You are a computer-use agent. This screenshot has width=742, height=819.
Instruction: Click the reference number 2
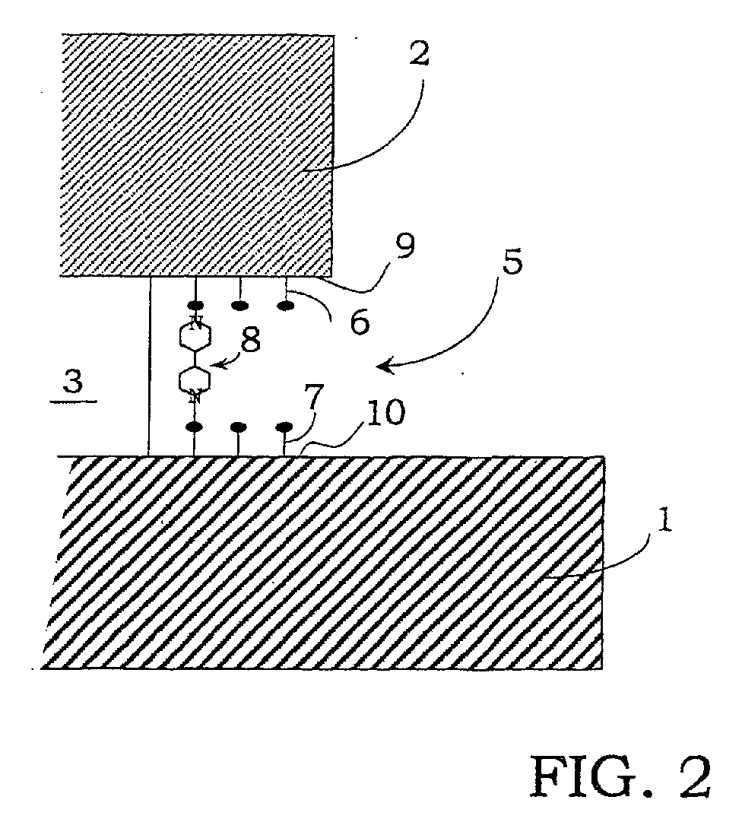click(x=420, y=53)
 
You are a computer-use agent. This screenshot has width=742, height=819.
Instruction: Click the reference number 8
click(x=251, y=341)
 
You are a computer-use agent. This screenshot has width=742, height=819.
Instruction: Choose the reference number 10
click(x=385, y=413)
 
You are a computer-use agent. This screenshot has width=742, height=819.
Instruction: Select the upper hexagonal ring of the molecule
click(x=195, y=337)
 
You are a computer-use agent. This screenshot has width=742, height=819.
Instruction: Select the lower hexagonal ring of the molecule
click(x=195, y=380)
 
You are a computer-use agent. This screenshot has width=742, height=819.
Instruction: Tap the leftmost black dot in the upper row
click(x=195, y=305)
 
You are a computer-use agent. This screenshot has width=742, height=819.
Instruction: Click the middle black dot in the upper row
click(x=239, y=306)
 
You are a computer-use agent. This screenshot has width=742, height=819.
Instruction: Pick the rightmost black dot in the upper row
click(x=285, y=306)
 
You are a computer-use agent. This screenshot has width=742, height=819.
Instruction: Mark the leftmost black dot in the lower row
click(x=195, y=427)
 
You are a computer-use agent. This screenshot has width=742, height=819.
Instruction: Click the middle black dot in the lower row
click(x=238, y=427)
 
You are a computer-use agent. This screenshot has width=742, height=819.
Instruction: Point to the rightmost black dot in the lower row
click(x=284, y=427)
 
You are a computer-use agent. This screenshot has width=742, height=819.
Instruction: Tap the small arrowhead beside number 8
click(x=219, y=364)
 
